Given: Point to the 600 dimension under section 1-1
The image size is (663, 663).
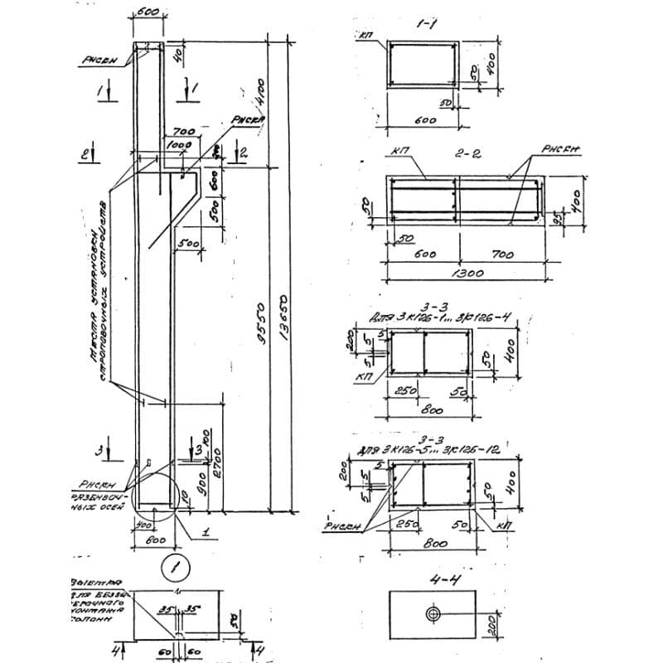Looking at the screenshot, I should coord(423,120).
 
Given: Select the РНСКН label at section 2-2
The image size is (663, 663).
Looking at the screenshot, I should coord(561,150).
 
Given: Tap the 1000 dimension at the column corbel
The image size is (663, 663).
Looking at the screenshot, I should coord(179,144).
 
